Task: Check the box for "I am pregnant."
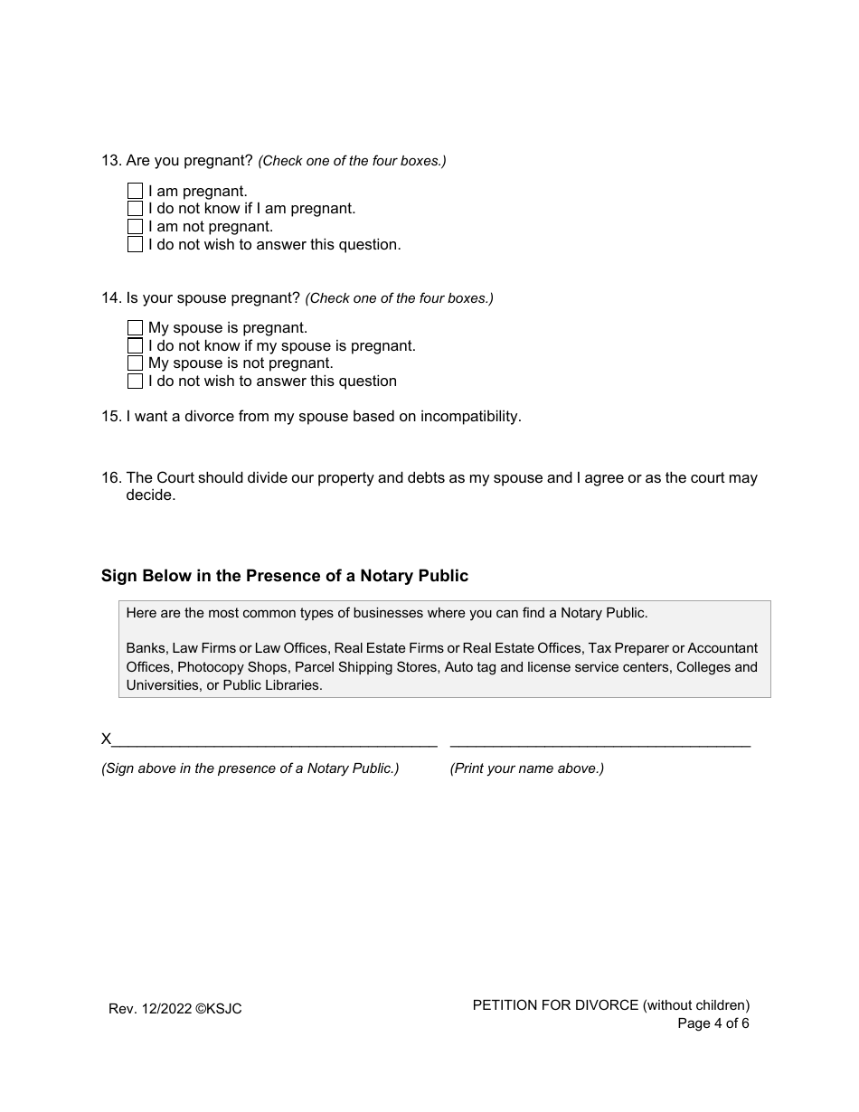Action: coord(135,192)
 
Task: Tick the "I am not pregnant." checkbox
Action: coord(135,227)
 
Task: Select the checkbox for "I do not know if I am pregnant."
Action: coord(135,209)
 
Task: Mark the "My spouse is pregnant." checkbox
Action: coord(135,328)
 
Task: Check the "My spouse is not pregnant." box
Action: coord(135,363)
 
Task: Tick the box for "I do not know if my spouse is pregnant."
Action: coord(135,346)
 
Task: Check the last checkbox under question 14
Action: coord(135,382)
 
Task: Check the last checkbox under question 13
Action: coord(135,245)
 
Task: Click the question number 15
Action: coord(110,417)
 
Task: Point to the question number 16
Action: coord(110,478)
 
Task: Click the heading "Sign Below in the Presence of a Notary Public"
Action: coord(285,576)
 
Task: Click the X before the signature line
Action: coord(106,740)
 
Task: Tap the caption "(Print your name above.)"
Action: coord(526,768)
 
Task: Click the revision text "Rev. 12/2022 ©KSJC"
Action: coord(175,1009)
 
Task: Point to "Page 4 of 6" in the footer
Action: coord(713,1023)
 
